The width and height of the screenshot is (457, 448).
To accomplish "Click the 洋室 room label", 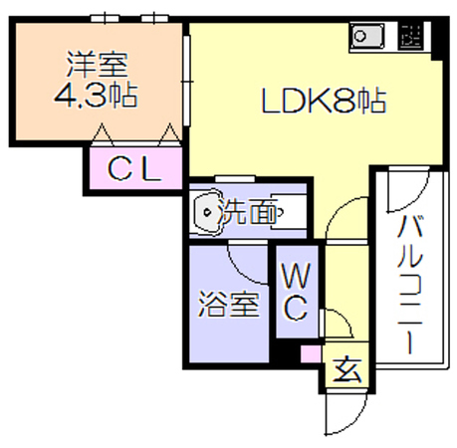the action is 97,65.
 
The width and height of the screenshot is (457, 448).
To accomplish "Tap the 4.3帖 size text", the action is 96,96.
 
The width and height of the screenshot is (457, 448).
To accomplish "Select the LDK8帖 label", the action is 325,101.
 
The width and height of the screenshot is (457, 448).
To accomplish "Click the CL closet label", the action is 135,168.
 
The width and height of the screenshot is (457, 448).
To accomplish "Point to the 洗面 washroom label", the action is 248,212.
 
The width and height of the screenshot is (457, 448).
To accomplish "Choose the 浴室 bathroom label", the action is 228,305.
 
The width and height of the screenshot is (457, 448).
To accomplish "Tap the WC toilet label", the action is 296,292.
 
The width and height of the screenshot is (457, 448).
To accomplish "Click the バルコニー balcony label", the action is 410,285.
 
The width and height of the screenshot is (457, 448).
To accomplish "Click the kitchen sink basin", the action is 367,36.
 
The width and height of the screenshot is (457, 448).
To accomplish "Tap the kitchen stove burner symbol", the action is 411,36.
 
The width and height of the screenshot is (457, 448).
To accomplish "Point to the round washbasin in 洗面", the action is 208,212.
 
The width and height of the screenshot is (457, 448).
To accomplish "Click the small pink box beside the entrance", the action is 311,354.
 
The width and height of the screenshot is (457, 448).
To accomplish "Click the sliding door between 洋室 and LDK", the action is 187,81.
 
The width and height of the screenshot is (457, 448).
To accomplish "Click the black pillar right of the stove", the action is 437,39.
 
